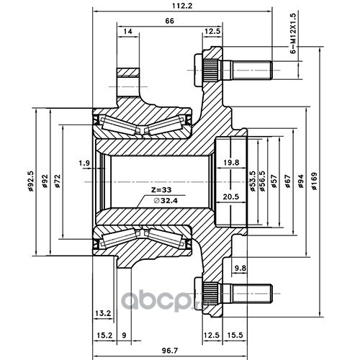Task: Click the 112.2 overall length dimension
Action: pyautogui.click(x=182, y=6)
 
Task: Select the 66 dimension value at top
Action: pyautogui.click(x=170, y=21)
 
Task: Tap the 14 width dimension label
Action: pyautogui.click(x=128, y=32)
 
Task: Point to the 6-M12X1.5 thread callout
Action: pyautogui.click(x=294, y=33)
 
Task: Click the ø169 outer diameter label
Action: pyautogui.click(x=314, y=181)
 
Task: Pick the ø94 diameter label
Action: pyautogui.click(x=301, y=181)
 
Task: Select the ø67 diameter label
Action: pyautogui.click(x=287, y=181)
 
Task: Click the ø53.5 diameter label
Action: pyautogui.click(x=252, y=181)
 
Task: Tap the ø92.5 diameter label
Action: pyautogui.click(x=30, y=181)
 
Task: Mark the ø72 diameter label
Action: pyautogui.click(x=58, y=181)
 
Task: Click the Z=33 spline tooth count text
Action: pyautogui.click(x=161, y=190)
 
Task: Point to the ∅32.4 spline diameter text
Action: pyautogui.click(x=166, y=200)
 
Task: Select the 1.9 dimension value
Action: pyautogui.click(x=84, y=163)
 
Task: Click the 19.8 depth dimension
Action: pyautogui.click(x=231, y=163)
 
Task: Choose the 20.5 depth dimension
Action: pyautogui.click(x=231, y=197)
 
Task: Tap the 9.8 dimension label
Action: pyautogui.click(x=240, y=268)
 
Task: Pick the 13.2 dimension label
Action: pyautogui.click(x=103, y=313)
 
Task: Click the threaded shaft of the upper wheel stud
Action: pyautogui.click(x=247, y=71)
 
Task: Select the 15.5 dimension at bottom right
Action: pyautogui.click(x=235, y=335)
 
